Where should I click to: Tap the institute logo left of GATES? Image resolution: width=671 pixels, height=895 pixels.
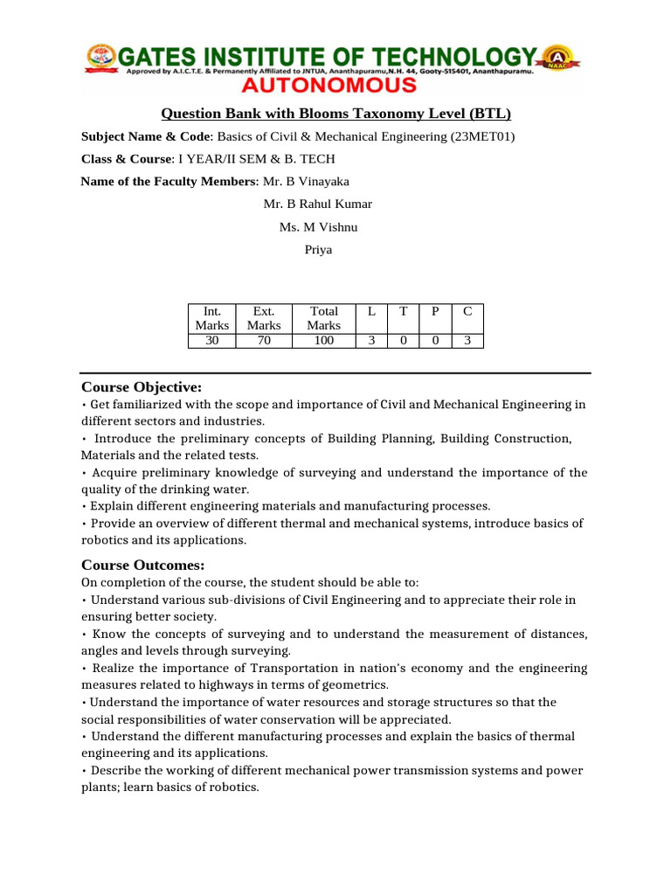pos(98,58)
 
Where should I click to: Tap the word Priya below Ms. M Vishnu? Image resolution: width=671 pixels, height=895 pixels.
pos(318,249)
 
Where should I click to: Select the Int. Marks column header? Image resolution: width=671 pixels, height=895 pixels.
pos(212,318)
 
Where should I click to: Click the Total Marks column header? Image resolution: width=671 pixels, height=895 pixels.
pos(323,318)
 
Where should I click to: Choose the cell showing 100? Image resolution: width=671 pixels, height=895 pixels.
pos(323,341)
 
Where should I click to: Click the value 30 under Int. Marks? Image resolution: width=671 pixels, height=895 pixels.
pos(212,341)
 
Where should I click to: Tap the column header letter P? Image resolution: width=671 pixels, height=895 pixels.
pos(434,311)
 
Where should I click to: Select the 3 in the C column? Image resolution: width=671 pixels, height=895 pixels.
pos(467,341)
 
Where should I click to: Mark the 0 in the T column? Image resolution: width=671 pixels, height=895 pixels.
pos(403,341)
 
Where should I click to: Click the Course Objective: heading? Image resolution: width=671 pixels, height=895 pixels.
pos(142,386)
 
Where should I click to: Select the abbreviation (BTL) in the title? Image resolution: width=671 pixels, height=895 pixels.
pos(489,114)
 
